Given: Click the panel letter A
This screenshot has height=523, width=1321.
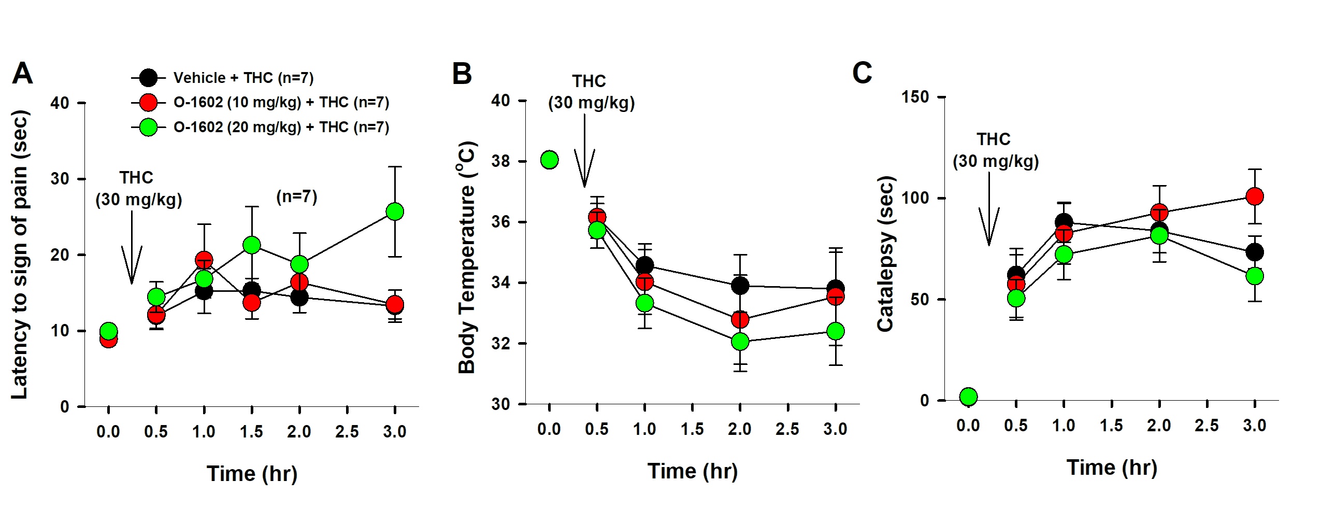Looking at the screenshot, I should click(22, 74).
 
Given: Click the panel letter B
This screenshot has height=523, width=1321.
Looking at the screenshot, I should click(462, 74).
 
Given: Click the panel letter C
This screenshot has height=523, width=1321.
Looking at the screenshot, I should click(862, 73).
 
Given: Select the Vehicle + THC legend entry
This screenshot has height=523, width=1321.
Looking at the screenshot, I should click(243, 78).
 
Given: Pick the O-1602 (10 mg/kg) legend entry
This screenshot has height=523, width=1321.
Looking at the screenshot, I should click(281, 103).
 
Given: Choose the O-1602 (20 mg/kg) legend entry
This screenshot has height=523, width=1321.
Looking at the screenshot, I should click(281, 128).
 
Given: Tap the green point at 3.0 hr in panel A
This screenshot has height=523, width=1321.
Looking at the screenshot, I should click(395, 211).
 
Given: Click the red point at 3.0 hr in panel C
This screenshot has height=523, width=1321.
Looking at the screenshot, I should click(1254, 196).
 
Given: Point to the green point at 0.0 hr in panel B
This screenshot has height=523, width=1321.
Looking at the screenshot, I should click(549, 160).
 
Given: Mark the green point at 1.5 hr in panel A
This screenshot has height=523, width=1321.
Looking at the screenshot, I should click(251, 245).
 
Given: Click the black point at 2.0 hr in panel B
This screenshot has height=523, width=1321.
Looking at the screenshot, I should click(740, 285).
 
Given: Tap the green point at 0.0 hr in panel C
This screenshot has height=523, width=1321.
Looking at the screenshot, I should click(968, 397).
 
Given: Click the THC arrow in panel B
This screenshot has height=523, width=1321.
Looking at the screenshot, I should click(584, 156).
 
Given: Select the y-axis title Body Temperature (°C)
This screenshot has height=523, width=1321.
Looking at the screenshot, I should click(467, 257).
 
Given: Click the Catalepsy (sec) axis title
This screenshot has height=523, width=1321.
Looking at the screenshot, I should click(885, 254).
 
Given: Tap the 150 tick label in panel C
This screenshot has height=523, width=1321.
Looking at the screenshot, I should click(915, 97).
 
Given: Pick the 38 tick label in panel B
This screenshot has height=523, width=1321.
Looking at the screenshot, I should click(501, 161).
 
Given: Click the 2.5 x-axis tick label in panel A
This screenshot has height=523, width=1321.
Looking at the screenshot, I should click(347, 432).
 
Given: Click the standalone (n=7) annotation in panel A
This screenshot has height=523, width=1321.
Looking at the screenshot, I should click(296, 197).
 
